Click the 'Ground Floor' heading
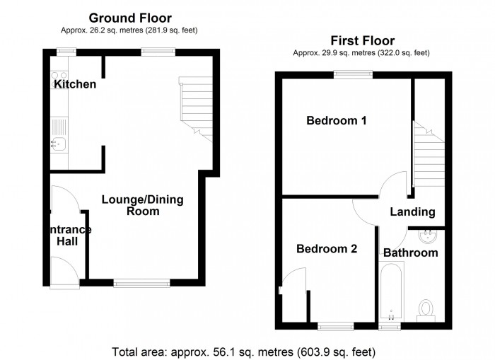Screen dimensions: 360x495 coord(130,17)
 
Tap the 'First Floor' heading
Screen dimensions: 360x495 coord(363,40)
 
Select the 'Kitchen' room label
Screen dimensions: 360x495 coord(75,85)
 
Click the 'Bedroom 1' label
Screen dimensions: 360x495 coord(336,121)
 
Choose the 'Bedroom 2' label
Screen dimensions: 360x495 coord(327,249)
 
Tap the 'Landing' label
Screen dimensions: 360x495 coord(412,212)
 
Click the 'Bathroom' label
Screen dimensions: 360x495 coord(410,252)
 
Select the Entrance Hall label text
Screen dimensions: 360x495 coord(69,235)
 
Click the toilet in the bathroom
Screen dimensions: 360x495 coord(426,308)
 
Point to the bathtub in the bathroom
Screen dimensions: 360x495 coord(390,292)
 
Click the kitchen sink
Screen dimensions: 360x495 coord(58,145)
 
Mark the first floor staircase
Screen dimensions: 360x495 coord(427,156)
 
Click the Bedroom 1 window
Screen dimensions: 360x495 coord(354,73)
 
